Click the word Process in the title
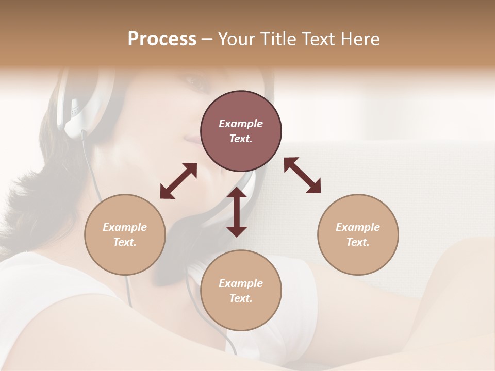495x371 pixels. coord(162,39)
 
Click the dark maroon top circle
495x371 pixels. coord(241,131)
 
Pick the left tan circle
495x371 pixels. coord(125,234)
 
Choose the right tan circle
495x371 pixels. coord(358,234)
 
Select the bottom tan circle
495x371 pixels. coord(241,291)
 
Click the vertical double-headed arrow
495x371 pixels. coord(237,212)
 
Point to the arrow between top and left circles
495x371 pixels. coord(178,181)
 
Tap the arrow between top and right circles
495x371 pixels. coord(302,175)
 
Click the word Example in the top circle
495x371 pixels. coord(241,124)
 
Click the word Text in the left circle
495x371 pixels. coord(125,242)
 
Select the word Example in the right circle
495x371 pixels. coord(358,227)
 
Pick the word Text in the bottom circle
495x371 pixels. coord(241,298)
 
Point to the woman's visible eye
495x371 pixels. coord(195,82)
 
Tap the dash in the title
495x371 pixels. coord(207,39)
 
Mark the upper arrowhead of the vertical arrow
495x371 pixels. coord(237,193)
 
